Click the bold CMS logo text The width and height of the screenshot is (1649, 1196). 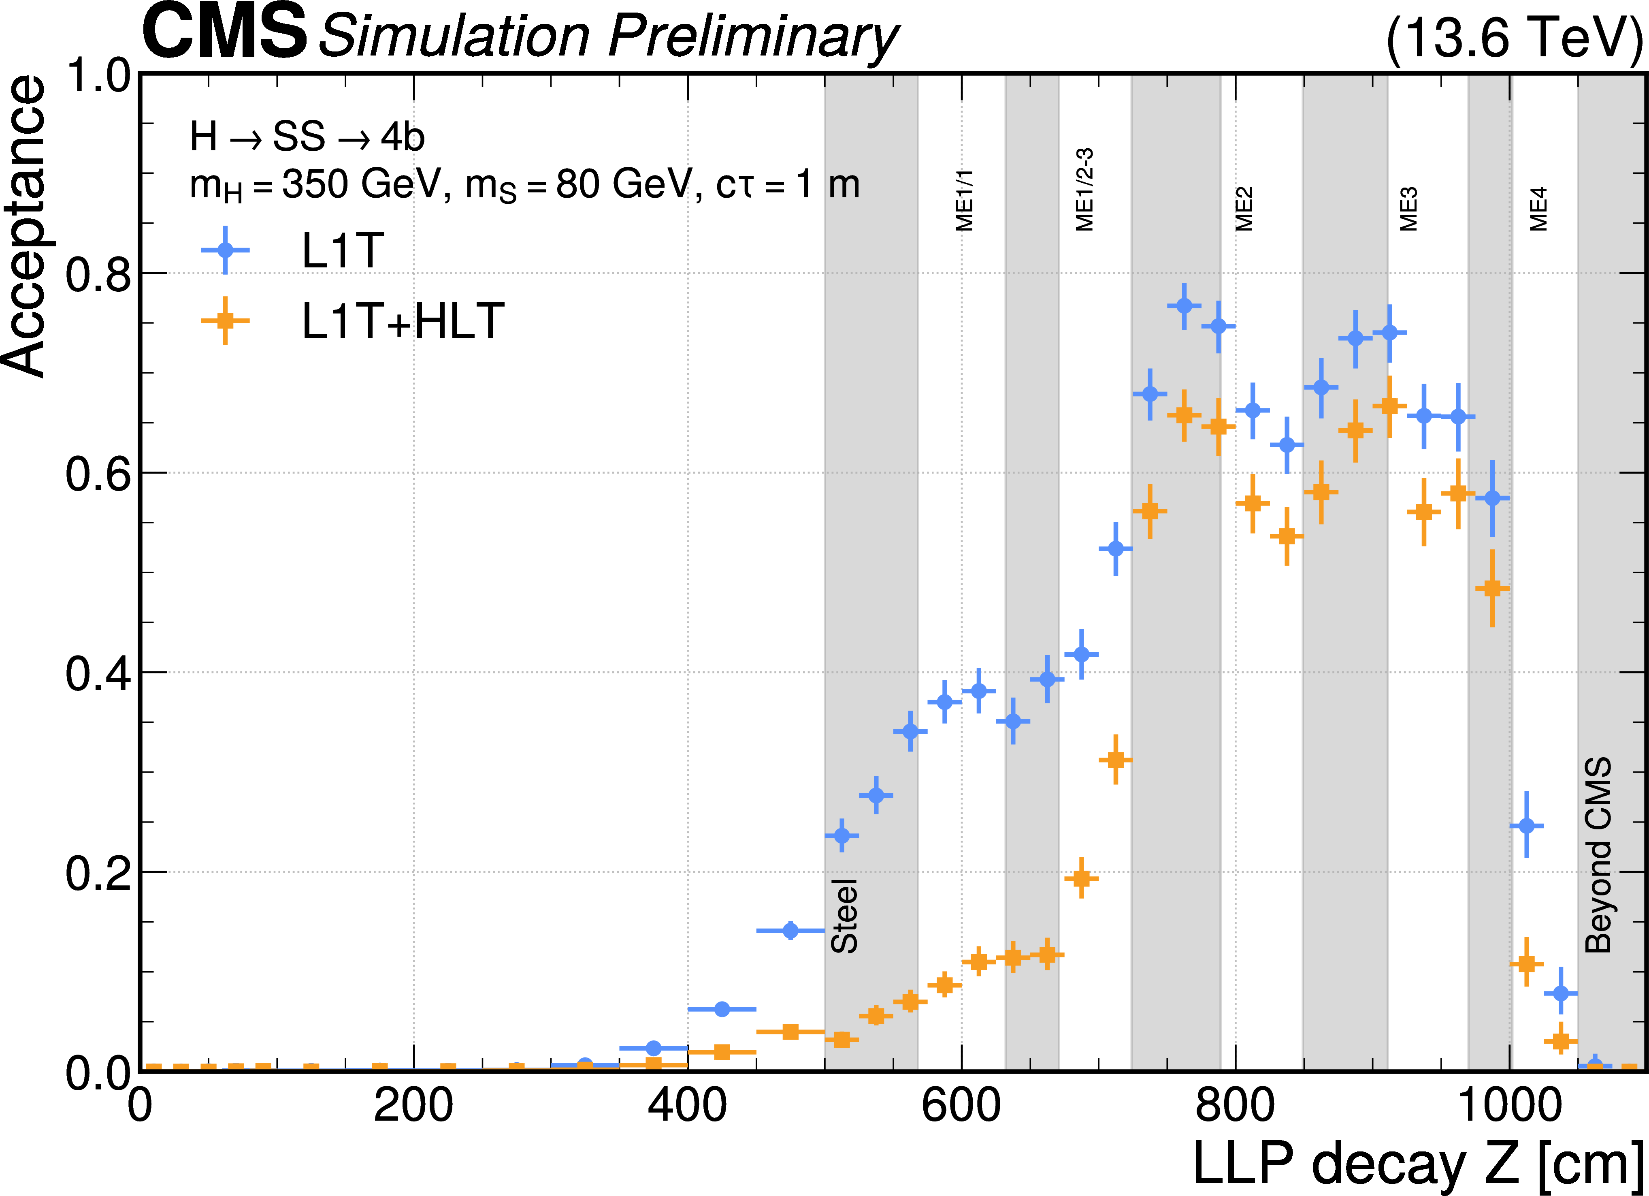[x=224, y=32]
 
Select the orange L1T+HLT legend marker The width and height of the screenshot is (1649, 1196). [x=226, y=320]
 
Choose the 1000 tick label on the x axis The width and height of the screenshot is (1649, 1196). [x=1509, y=1106]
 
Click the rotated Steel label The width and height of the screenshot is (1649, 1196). [x=844, y=916]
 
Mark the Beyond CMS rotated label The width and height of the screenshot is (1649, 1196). [x=1598, y=855]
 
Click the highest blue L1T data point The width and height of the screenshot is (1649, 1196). [x=1184, y=305]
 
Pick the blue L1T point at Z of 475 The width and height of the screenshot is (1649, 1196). [x=790, y=931]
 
